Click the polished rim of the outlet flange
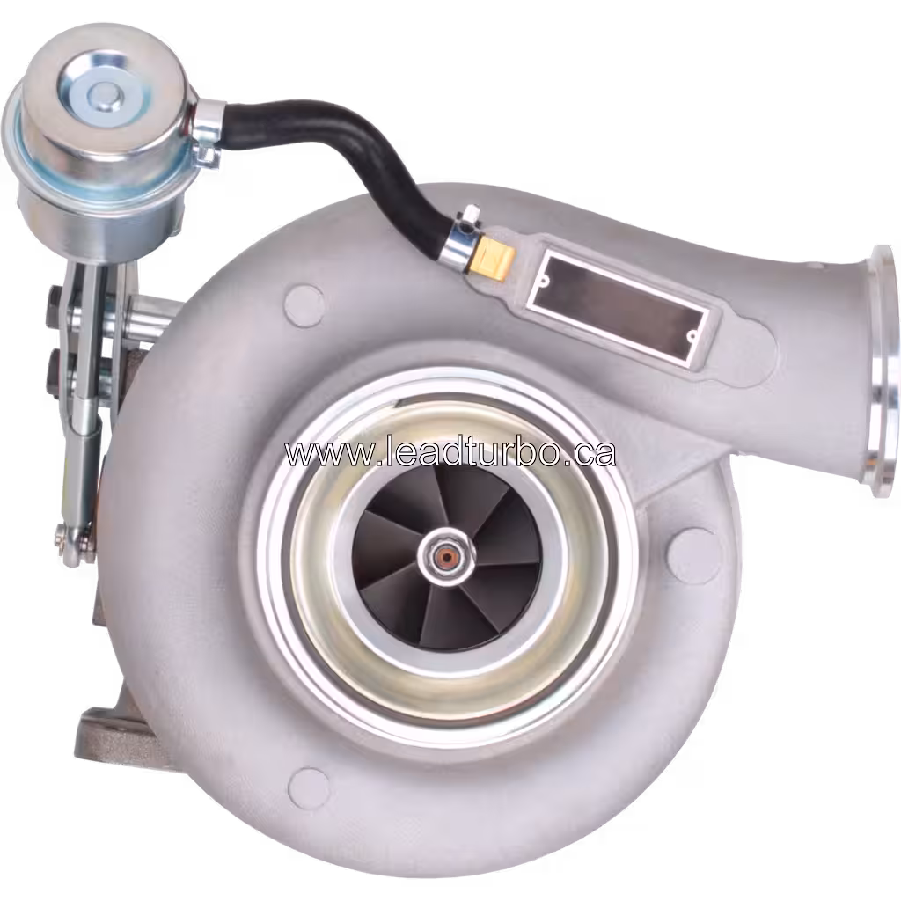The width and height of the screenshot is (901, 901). (x=883, y=370)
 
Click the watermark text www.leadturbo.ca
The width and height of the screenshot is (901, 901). (x=450, y=452)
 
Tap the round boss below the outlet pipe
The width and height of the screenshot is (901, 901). (x=689, y=550)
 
